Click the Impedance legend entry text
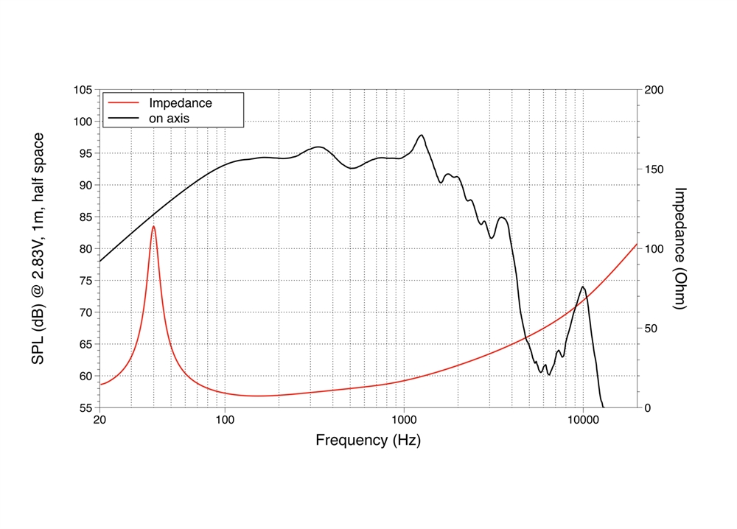coord(181,103)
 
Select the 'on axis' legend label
coord(171,117)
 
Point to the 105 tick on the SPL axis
coord(83,90)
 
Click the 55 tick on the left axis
coord(85,407)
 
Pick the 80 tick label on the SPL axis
coord(85,249)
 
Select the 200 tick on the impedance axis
coord(655,90)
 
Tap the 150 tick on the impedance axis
coord(655,169)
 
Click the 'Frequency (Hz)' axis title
coord(368,441)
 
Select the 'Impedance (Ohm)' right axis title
coord(680,248)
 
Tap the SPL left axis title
coord(38,248)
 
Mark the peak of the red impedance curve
coord(154,226)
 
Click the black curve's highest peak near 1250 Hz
coord(421,136)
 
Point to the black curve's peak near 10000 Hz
coord(583,287)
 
